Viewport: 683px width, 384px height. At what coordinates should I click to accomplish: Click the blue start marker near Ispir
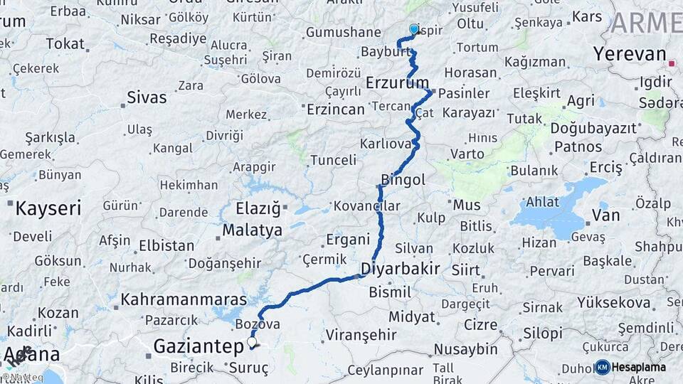coord(414,29)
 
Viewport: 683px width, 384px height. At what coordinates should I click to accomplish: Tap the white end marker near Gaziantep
coord(251,342)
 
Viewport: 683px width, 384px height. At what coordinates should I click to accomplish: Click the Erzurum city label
coord(397,83)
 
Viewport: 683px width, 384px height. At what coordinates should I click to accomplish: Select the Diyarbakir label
coord(400,269)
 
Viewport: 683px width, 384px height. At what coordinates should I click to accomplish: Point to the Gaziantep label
coord(198,346)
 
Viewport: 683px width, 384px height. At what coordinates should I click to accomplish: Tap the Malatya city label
coord(252,230)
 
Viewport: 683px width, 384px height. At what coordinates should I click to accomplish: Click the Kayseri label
coord(48,208)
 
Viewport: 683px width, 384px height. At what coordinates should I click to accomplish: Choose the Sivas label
coord(147,97)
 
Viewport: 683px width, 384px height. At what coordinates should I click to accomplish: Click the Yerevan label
coord(630,54)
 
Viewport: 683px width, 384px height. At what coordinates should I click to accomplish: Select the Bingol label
coord(403,180)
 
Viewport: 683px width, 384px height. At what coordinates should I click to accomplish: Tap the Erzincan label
coord(335,110)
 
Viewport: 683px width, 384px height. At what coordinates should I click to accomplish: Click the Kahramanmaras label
coord(184,299)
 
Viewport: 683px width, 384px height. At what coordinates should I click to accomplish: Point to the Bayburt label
coord(382,52)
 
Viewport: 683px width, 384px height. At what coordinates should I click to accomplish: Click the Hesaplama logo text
coord(639,368)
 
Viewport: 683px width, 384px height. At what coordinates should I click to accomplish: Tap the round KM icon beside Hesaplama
coord(602,368)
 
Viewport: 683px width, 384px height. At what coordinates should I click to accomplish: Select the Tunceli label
coord(333,160)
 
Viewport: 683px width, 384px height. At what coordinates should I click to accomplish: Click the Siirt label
coord(465,270)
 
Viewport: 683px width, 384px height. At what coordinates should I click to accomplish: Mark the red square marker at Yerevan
coord(672,63)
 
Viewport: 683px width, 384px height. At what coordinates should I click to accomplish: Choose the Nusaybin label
coord(466,349)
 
